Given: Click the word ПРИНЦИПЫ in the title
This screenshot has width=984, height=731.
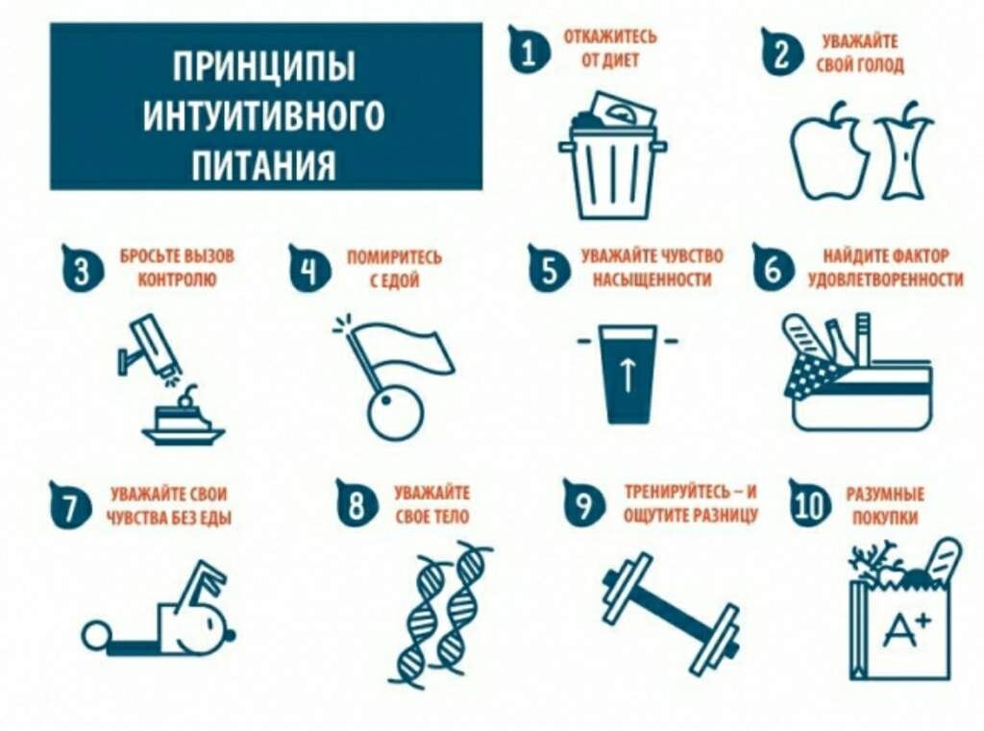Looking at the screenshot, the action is point(264,66).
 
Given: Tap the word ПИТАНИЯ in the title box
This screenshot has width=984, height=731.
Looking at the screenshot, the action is point(263,165).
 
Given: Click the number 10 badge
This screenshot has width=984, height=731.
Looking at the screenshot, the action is point(809,504).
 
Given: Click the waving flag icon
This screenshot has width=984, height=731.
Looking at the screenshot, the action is point(394,377).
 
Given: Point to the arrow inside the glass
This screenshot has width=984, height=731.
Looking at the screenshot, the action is point(627,377).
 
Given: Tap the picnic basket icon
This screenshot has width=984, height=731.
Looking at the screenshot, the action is point(858,372).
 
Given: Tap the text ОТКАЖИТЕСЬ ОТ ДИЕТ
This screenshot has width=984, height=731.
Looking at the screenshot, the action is point(610,48).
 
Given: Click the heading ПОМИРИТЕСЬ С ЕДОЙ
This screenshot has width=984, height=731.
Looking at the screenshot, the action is point(394,269).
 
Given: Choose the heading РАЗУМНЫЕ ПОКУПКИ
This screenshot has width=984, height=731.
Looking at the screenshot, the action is point(885,505).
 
